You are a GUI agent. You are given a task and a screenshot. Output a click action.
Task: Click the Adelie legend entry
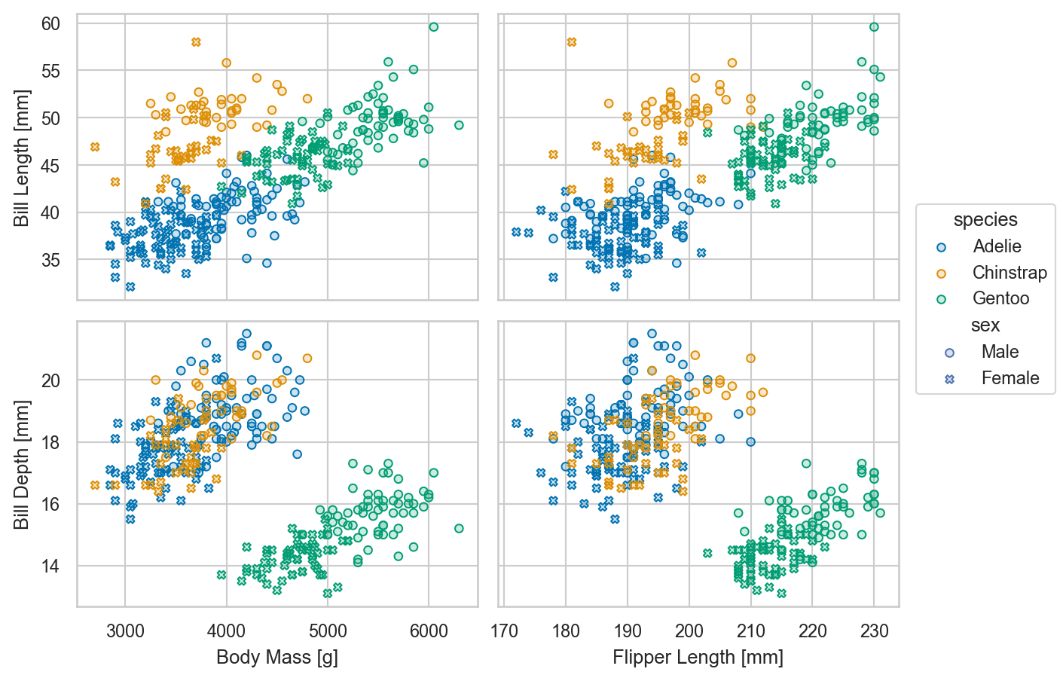pos(996,246)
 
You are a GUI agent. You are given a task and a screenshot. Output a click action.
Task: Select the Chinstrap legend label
pos(1009,272)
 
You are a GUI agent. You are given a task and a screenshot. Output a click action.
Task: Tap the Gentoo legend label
pos(1000,298)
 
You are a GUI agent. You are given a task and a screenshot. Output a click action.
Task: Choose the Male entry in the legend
pos(1000,352)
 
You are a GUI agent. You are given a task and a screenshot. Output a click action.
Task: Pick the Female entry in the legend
pos(1010,378)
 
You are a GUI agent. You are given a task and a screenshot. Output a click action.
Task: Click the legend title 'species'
pos(985,219)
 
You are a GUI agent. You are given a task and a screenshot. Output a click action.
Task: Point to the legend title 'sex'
pos(985,325)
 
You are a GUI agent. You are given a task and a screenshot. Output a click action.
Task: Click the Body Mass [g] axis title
pos(276,657)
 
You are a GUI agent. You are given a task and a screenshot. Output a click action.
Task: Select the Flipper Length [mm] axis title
pos(698,657)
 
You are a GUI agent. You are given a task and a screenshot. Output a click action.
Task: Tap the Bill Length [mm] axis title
pos(22,157)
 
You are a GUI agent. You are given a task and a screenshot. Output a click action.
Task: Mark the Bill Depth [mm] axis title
pos(22,464)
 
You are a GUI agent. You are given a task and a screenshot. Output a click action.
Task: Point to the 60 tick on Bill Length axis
pos(50,24)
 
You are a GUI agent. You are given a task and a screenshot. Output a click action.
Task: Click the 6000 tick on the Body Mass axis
pos(429,631)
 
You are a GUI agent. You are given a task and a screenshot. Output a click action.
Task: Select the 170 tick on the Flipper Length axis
pos(504,631)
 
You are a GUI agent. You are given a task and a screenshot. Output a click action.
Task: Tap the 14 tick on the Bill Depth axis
pos(50,566)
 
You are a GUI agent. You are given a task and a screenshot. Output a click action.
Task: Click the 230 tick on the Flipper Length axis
pos(874,631)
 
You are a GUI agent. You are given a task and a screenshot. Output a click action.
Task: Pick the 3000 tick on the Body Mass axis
pos(125,631)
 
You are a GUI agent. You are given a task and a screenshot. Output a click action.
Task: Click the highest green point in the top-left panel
pos(433,27)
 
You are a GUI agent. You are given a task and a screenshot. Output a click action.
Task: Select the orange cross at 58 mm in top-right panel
pos(572,42)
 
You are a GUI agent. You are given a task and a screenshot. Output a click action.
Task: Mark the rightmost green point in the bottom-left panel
pos(459,528)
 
